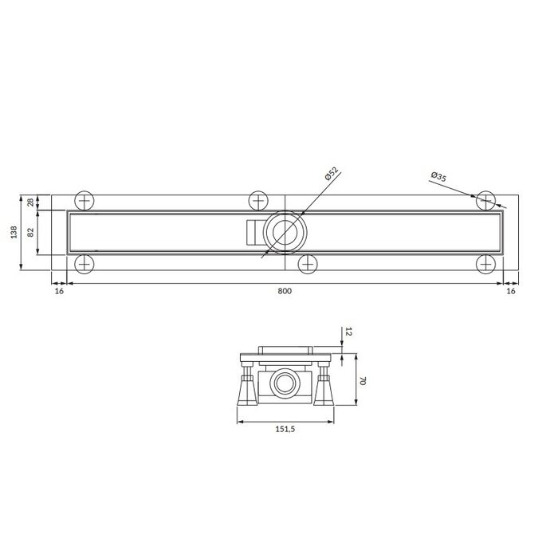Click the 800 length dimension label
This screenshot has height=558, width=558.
click(285, 291)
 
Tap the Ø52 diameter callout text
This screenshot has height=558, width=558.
click(332, 174)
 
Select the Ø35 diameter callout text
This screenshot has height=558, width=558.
click(438, 176)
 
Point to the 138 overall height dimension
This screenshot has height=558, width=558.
click(14, 232)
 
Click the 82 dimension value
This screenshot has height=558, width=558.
click(31, 233)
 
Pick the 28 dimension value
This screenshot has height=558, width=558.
click(31, 202)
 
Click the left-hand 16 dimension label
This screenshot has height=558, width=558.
click(60, 291)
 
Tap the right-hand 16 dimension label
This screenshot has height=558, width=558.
click(511, 291)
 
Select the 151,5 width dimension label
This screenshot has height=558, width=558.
click(285, 429)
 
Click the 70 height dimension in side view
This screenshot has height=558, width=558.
click(363, 381)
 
